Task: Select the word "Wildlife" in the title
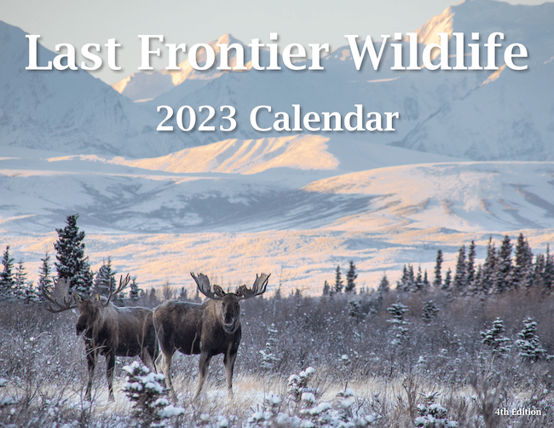pyautogui.click(x=436, y=53)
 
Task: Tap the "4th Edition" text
pyautogui.click(x=517, y=412)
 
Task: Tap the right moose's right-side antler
pyautogui.click(x=254, y=286)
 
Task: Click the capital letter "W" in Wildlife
pyautogui.click(x=365, y=53)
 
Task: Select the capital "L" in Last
pyautogui.click(x=38, y=53)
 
